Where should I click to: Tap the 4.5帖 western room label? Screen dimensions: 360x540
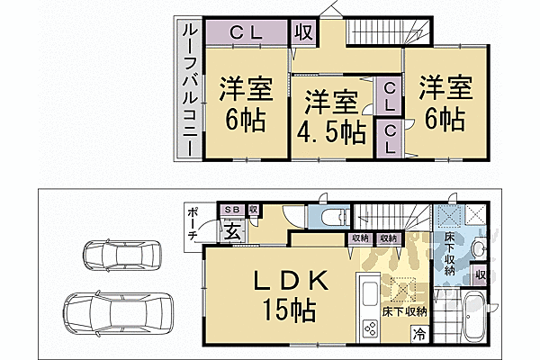(331, 117)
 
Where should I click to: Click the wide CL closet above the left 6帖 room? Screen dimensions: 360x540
(245, 31)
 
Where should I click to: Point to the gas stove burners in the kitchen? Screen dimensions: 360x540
(369, 327)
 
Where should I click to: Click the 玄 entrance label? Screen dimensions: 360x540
(231, 230)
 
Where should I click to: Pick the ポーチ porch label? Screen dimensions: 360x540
(193, 222)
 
